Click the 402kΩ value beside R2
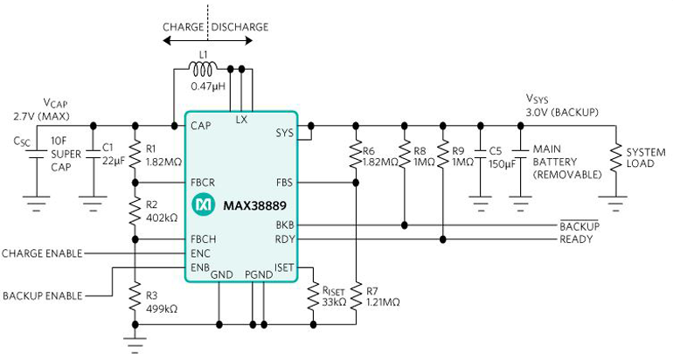[x=161, y=216]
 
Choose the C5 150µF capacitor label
[x=501, y=156]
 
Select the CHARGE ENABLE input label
[x=42, y=253]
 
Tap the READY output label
[x=576, y=239]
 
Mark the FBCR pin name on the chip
[x=203, y=183]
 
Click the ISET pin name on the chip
[x=285, y=267]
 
